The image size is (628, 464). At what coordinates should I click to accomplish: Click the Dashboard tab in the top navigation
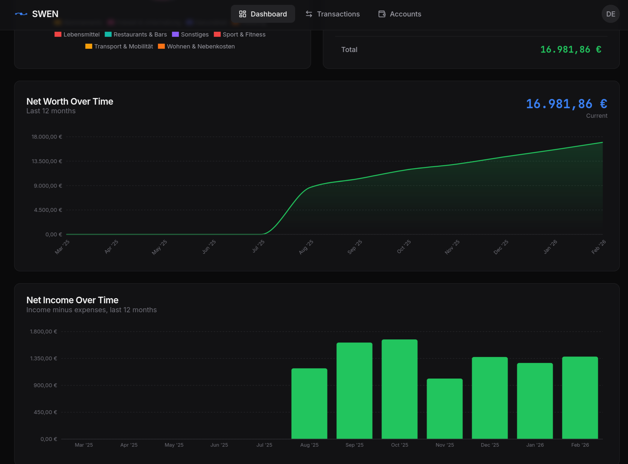263,14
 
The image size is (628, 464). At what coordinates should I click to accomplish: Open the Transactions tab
332,14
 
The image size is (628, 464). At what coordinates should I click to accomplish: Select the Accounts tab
400,14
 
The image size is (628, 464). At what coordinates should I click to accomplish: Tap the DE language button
610,14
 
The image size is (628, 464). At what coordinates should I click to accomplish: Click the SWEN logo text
45,14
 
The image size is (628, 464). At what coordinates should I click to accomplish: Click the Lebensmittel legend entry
77,34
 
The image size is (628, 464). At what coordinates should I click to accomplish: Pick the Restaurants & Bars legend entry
136,34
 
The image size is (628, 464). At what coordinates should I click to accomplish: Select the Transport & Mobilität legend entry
119,46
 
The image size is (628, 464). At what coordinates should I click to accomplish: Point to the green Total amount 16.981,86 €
570,50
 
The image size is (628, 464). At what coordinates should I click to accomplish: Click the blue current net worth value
566,104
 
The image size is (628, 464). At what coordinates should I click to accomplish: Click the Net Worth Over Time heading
70,102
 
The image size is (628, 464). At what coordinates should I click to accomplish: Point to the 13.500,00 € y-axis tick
47,161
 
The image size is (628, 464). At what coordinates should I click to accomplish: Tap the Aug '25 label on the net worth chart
306,247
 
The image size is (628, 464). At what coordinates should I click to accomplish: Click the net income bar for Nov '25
444,408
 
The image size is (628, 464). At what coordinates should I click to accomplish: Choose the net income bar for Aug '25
309,403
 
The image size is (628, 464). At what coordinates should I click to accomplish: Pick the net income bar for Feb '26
580,397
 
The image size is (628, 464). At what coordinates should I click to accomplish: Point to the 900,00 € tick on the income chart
45,385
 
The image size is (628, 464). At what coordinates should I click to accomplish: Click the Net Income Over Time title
72,300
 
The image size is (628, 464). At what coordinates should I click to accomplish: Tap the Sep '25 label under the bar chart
354,445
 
